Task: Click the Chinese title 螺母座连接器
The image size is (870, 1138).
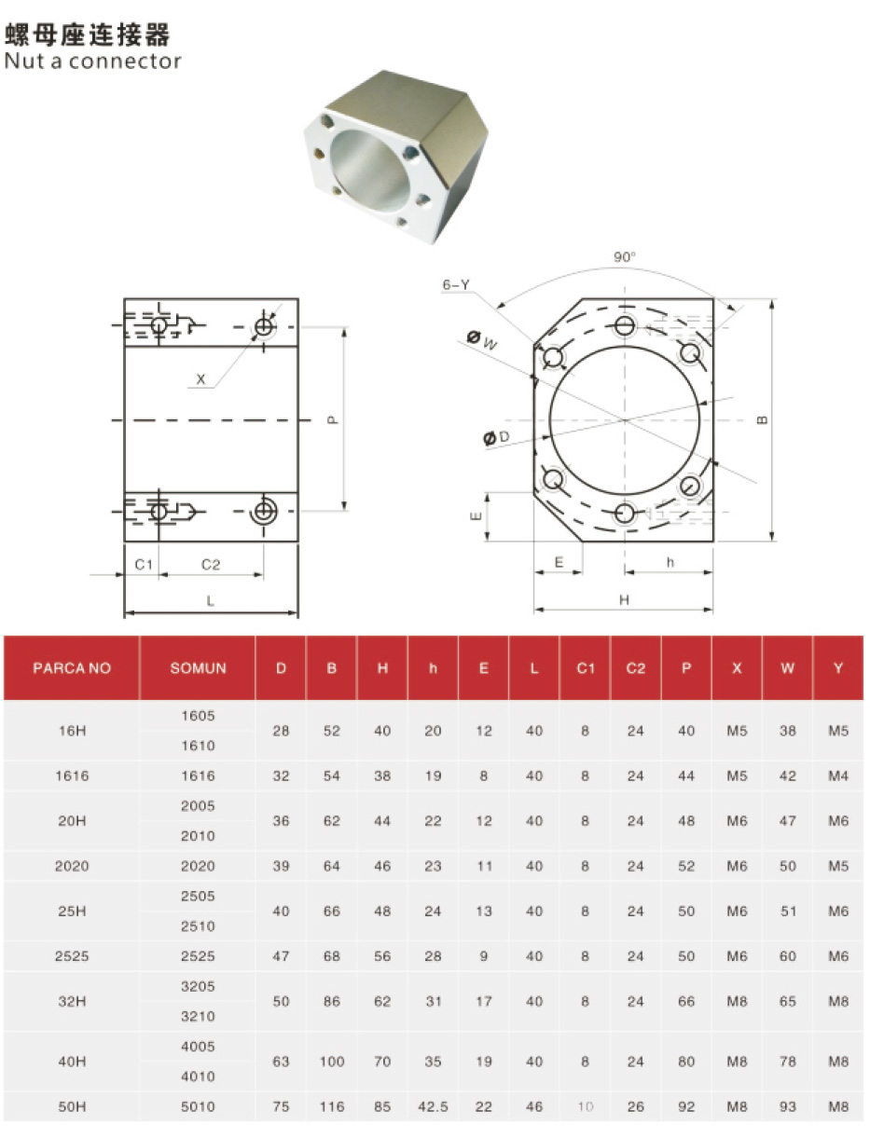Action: coord(88,35)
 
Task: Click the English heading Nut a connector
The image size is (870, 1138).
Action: coord(92,62)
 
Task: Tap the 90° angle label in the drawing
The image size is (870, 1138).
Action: coord(624,257)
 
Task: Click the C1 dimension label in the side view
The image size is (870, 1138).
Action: coord(143,565)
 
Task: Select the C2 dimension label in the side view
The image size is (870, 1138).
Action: coord(211,565)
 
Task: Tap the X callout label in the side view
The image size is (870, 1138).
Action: coord(200,379)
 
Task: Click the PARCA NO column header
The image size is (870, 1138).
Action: coord(72,668)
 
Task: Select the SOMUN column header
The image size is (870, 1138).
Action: coord(198,668)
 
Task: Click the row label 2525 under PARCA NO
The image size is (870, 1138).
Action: coord(72,956)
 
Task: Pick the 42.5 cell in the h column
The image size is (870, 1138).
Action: coord(433,1107)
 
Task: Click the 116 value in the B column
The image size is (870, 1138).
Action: coord(332,1107)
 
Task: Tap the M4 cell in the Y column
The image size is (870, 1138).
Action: coord(838,775)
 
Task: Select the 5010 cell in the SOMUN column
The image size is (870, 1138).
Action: coord(198,1107)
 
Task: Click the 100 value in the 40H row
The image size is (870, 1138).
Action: coord(332,1062)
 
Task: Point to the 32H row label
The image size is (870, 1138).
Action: coord(72,1002)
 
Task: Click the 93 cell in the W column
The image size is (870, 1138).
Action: coord(788,1107)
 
